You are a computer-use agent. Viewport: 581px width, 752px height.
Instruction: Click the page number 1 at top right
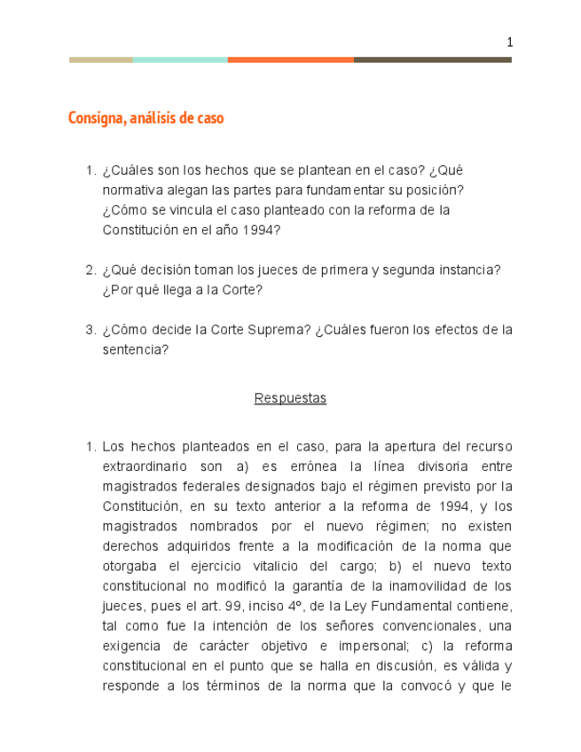pyautogui.click(x=510, y=43)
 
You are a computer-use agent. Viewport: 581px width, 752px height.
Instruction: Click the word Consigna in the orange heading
pyautogui.click(x=96, y=118)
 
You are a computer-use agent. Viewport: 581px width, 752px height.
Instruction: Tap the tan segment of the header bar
pyautogui.click(x=100, y=59)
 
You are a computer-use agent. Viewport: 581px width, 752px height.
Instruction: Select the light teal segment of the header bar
pyautogui.click(x=179, y=59)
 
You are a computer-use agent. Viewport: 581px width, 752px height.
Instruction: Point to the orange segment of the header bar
pyautogui.click(x=290, y=59)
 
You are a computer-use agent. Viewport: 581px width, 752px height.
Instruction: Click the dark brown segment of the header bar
pyautogui.click(x=432, y=59)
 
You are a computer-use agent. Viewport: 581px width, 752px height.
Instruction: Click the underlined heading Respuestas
pyautogui.click(x=290, y=398)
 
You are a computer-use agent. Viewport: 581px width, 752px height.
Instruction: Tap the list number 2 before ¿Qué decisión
pyautogui.click(x=90, y=270)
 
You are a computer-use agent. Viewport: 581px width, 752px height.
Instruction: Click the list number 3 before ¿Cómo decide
pyautogui.click(x=90, y=330)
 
